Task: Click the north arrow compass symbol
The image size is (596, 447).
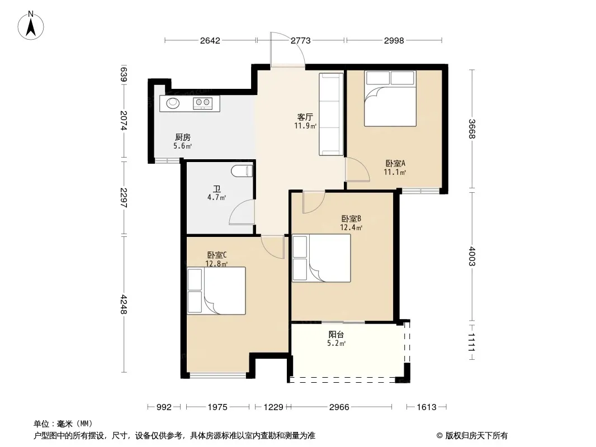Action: point(31,25)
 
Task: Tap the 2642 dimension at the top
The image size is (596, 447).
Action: point(210,40)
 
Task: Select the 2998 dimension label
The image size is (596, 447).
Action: point(394,40)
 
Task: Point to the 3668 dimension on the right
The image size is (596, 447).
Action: point(472,129)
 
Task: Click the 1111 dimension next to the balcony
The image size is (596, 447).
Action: point(472,342)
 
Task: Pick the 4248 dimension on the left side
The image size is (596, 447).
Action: point(124,304)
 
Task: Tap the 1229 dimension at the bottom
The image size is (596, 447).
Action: point(273,407)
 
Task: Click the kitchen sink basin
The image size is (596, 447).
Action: point(173,103)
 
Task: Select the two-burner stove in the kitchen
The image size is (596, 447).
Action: point(202,103)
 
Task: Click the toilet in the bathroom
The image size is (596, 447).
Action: point(242,171)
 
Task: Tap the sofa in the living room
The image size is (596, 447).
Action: point(331,115)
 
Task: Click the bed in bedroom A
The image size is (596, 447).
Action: point(390,98)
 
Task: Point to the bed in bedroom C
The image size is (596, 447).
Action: point(216,291)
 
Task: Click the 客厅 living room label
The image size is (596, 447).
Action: point(305,117)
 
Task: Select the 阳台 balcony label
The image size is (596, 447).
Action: point(337,335)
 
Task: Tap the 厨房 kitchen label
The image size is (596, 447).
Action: point(183,137)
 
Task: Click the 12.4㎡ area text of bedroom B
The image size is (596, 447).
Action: point(351,227)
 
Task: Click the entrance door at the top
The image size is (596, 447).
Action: point(288,50)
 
